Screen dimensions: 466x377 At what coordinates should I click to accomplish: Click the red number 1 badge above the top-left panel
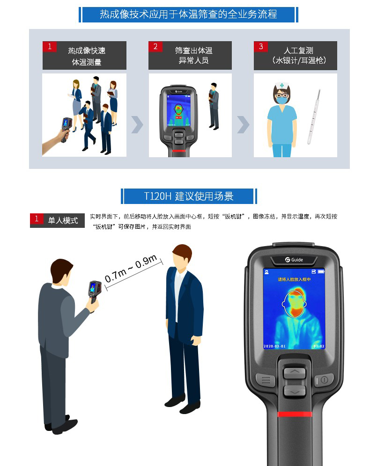(x=49, y=47)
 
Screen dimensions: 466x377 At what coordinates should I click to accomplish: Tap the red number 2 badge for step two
(x=155, y=47)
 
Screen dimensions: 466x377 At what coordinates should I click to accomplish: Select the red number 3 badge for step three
(x=260, y=47)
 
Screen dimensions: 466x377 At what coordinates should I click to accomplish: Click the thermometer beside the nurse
(x=314, y=117)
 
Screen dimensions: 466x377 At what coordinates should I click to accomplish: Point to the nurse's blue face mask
(x=282, y=100)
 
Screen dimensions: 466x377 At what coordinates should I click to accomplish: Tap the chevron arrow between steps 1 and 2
(x=137, y=124)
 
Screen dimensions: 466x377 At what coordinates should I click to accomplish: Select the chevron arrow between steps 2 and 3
(x=243, y=124)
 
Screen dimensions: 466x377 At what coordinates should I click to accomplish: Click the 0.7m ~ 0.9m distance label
(x=131, y=270)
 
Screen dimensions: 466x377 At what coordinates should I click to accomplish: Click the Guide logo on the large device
(x=294, y=259)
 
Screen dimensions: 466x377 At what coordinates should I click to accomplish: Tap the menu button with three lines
(x=265, y=380)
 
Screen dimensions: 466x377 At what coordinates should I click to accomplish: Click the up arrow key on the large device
(x=294, y=372)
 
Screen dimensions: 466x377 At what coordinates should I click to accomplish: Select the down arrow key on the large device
(x=294, y=391)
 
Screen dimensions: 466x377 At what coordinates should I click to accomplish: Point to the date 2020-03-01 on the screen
(x=275, y=347)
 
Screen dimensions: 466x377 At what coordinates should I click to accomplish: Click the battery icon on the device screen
(x=321, y=272)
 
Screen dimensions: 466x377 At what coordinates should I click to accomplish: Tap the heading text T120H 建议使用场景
(x=188, y=196)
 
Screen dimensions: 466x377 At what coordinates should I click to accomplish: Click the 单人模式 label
(x=63, y=220)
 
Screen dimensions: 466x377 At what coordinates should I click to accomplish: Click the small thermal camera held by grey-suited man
(x=95, y=293)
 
